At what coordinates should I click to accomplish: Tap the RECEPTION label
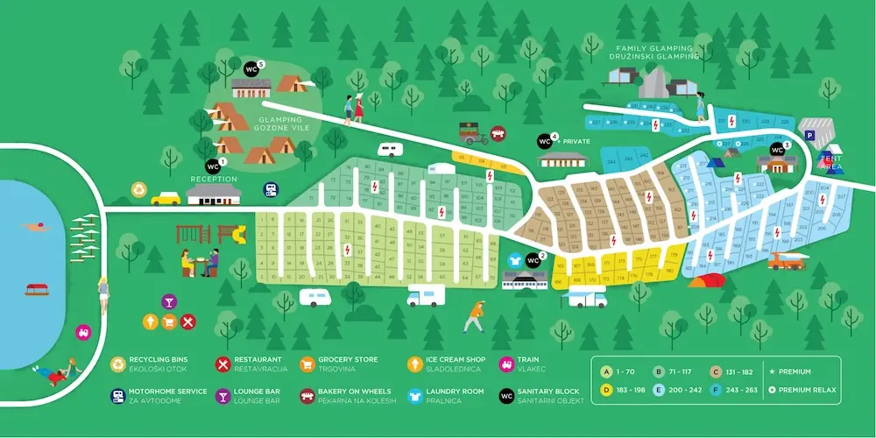214,179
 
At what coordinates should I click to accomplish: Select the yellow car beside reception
165,198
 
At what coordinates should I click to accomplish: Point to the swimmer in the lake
32,229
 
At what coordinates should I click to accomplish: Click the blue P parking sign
810,136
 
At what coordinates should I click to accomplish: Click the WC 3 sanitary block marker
777,149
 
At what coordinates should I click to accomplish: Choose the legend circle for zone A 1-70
604,371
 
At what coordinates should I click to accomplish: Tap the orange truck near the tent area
787,260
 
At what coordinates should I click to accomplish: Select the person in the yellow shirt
474,314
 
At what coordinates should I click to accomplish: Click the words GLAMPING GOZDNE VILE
280,124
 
